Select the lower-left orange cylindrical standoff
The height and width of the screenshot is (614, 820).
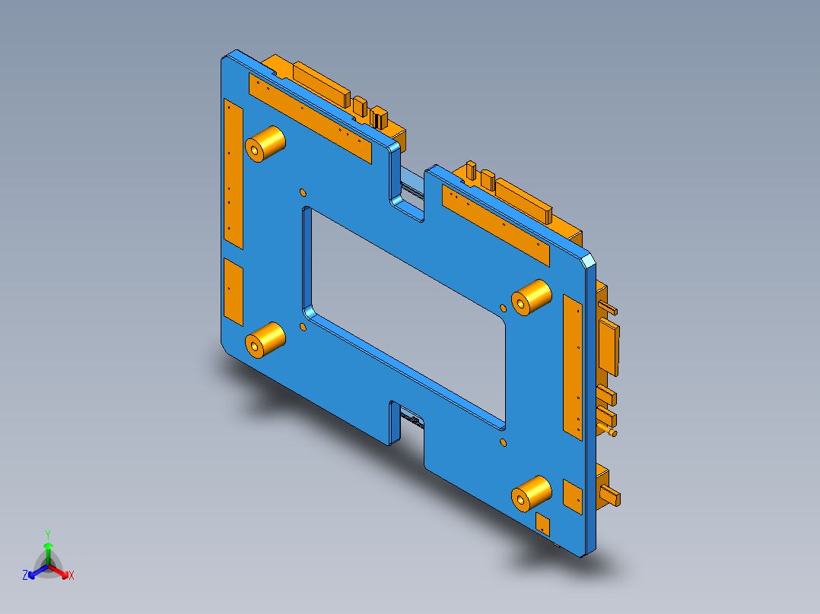tap(264, 340)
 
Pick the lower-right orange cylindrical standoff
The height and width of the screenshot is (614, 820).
tap(529, 494)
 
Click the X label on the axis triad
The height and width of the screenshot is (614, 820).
tap(72, 576)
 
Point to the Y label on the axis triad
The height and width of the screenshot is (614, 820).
tap(48, 533)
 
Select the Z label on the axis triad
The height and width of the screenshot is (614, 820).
tap(25, 576)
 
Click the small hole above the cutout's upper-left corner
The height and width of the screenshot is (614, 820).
tap(302, 191)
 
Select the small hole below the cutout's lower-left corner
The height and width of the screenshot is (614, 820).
tap(302, 328)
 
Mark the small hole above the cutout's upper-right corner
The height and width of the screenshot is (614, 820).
tap(502, 308)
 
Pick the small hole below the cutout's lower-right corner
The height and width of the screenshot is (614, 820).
tap(503, 442)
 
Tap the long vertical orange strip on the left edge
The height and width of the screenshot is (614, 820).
tap(232, 175)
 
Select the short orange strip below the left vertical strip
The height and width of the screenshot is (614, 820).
tap(233, 289)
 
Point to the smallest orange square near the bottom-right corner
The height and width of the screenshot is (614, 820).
tap(543, 523)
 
